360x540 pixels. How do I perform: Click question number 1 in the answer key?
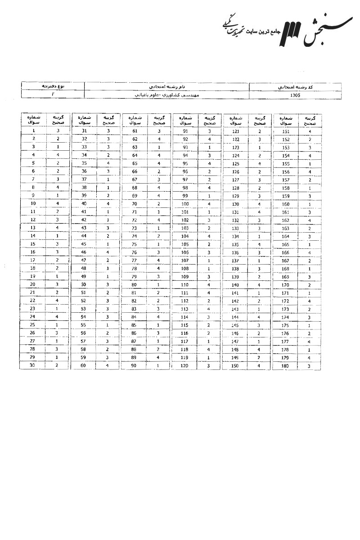[34, 131]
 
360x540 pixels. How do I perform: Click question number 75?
[135, 244]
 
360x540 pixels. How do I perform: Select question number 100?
[184, 203]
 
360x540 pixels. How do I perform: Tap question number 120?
[184, 365]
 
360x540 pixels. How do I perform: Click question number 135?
[235, 244]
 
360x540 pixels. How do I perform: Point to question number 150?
[235, 365]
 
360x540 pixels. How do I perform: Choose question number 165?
[285, 244]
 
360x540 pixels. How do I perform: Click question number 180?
[285, 365]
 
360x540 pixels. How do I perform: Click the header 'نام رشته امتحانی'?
[166, 86]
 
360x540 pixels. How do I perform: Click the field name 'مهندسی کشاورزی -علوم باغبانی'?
[166, 95]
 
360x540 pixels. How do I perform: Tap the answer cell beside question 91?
[209, 131]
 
